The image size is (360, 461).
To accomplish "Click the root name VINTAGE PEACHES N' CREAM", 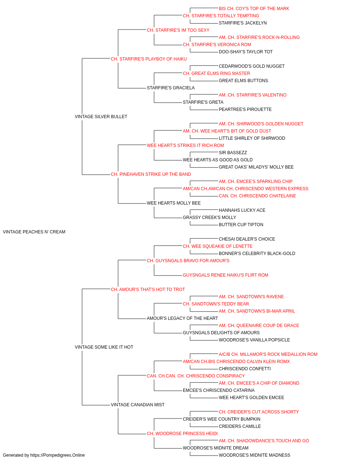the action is point(34,232).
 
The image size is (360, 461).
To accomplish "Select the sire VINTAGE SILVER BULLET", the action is point(101,117).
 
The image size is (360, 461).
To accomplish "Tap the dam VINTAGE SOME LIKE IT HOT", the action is point(104,347).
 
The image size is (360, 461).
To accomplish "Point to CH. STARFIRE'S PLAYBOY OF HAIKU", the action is point(149,59).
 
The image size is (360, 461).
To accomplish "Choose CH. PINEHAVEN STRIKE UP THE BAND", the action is point(151,174).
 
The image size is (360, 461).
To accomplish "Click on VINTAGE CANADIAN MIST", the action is point(138,405).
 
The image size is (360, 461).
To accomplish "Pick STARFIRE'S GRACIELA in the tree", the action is point(171,88).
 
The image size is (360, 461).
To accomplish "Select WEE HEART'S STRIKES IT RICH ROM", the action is point(185,145).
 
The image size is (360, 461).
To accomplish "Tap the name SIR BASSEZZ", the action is point(233,153).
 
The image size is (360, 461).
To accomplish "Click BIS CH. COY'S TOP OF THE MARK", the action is point(254,9).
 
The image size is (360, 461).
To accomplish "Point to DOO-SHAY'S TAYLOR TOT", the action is point(246,52).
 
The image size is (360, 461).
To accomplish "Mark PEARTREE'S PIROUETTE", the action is point(245,109).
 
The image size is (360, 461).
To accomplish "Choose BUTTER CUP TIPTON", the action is point(241,225).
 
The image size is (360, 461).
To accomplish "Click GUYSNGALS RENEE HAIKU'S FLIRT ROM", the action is point(225,275).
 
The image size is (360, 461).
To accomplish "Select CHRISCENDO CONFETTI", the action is point(245,369).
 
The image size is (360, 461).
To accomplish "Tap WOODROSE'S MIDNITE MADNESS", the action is point(255,455).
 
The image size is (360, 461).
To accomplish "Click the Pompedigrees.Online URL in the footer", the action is point(57,455).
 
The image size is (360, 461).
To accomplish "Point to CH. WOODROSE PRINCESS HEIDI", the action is point(182,434).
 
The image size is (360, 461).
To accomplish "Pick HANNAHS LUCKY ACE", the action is point(242,210).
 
